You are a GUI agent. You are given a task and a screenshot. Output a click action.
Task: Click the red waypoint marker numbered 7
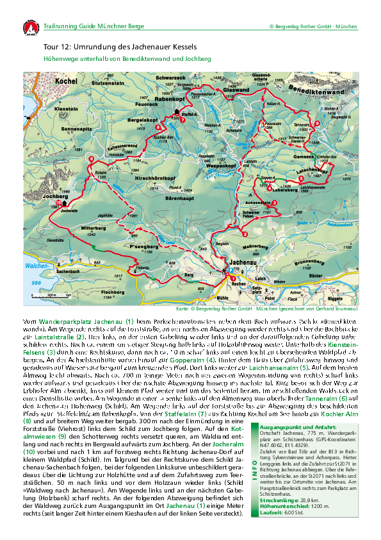tap(182, 119)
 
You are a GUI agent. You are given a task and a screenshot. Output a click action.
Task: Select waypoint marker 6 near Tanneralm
tap(316, 123)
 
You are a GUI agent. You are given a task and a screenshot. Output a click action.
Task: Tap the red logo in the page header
tap(31, 28)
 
